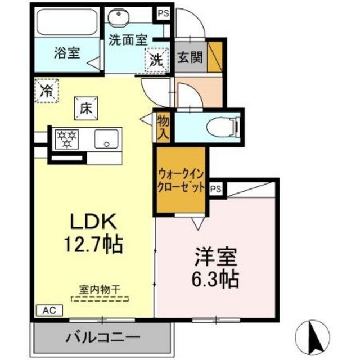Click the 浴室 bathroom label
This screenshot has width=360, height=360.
[66, 53]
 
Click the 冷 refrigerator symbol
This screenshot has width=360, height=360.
[47, 89]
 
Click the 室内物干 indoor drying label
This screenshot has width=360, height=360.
[99, 290]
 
